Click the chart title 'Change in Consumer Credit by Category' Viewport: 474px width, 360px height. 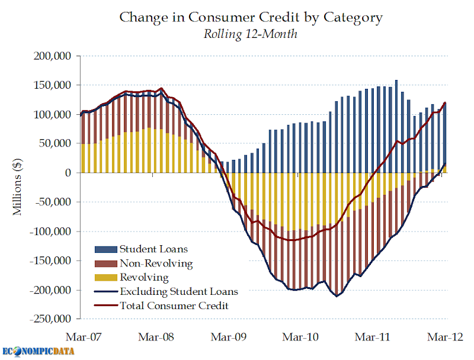point(251,17)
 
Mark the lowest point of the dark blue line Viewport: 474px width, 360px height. point(337,296)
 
